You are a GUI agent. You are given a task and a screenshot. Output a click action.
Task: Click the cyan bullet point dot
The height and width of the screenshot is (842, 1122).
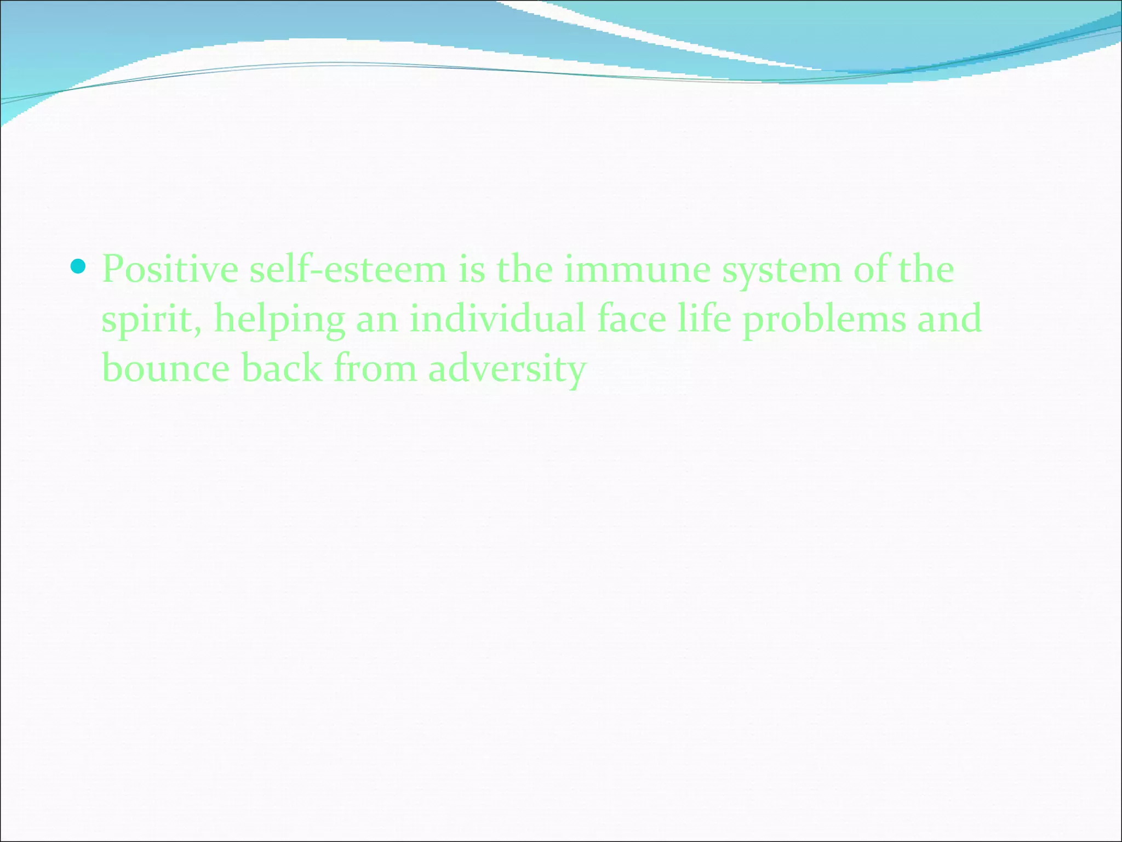pos(79,267)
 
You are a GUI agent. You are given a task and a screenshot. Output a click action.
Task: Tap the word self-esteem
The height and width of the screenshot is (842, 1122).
pos(348,270)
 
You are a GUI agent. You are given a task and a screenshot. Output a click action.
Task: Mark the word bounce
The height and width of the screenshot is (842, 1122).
pos(165,368)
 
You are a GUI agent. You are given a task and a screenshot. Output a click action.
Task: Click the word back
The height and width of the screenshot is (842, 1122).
pos(282,368)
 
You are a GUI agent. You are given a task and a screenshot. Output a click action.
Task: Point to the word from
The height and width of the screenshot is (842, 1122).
pos(375,368)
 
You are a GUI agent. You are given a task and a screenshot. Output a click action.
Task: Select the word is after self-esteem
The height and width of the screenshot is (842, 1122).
pos(472,270)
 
